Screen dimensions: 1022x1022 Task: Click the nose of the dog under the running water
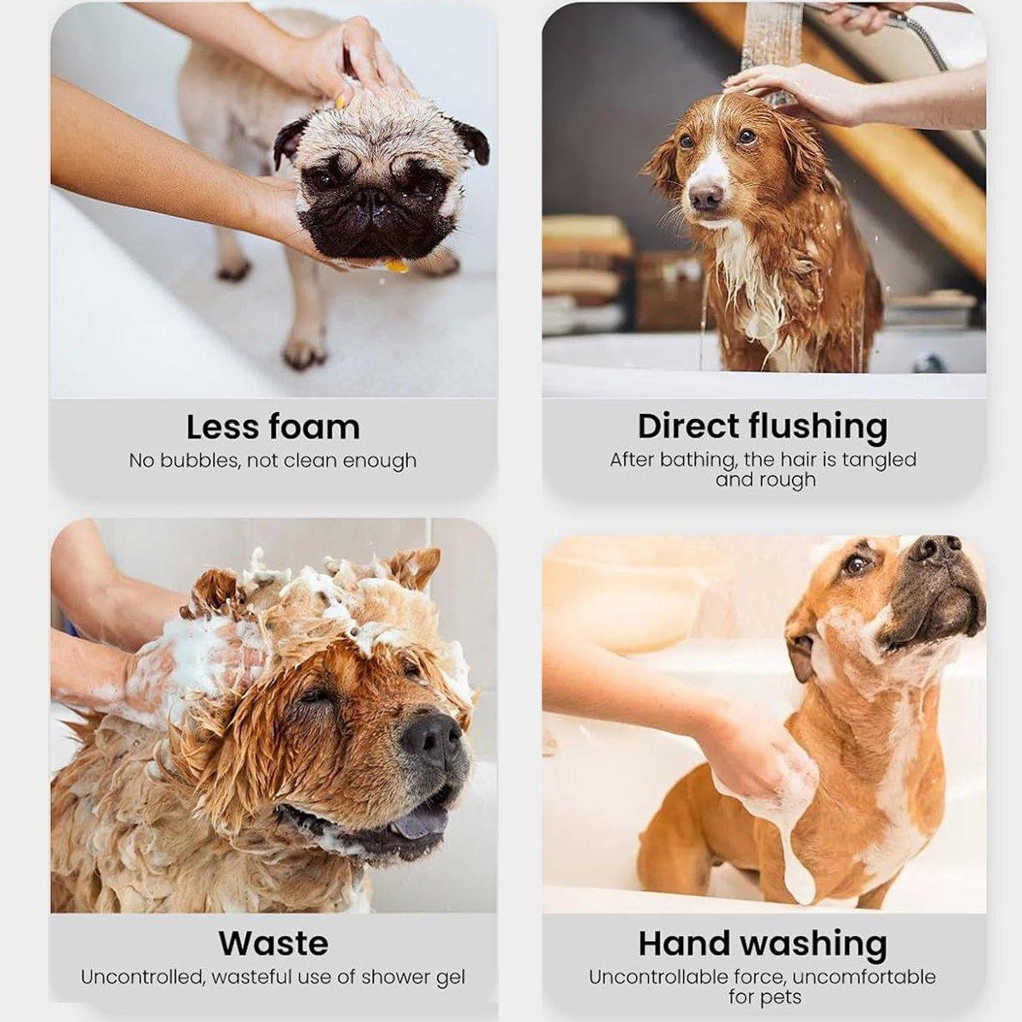coord(706,197)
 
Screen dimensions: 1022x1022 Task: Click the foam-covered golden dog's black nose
coord(432,738)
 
